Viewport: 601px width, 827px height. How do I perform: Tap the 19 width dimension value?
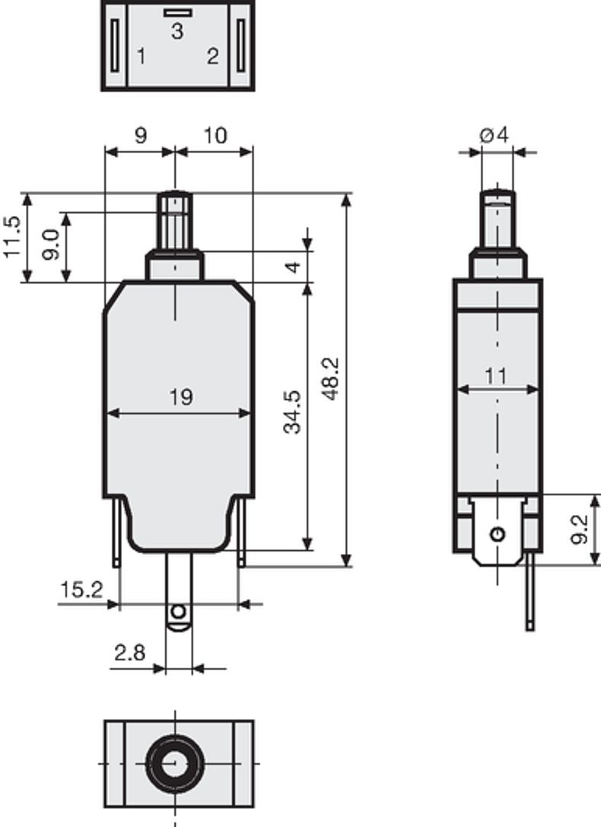180,396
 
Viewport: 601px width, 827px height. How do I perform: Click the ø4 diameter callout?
494,135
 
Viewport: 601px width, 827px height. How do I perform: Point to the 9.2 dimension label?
580,529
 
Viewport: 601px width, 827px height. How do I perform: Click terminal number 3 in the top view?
176,31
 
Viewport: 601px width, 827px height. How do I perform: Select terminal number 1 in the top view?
141,56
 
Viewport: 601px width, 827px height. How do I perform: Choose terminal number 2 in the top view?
212,56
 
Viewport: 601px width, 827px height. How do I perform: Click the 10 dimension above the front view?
215,135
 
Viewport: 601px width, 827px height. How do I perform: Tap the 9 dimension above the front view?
140,135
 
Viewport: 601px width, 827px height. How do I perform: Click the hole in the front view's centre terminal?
178,612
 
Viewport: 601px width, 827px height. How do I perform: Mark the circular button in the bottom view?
176,763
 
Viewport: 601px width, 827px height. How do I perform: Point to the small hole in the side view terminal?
498,533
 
